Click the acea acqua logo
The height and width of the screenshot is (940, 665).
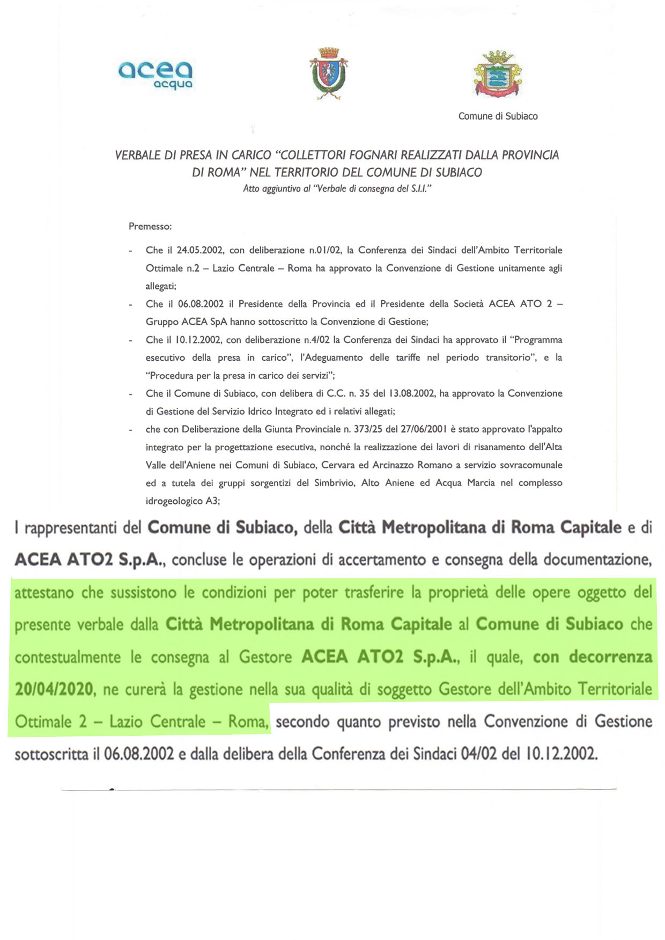pos(155,74)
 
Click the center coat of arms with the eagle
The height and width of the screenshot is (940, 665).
pos(328,73)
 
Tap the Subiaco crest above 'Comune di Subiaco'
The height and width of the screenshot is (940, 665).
pos(498,74)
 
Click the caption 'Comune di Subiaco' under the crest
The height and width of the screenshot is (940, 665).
pos(498,116)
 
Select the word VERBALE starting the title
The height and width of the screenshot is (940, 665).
pos(137,155)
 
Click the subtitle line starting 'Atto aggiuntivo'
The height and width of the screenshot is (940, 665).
pos(337,189)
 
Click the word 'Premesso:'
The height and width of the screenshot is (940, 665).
pos(150,227)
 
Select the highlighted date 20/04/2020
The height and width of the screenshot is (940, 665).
pos(54,689)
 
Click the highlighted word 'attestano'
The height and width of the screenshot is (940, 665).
pos(42,593)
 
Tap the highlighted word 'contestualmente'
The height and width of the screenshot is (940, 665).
pos(68,657)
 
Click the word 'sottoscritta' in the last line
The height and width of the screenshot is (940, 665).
pos(51,754)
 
